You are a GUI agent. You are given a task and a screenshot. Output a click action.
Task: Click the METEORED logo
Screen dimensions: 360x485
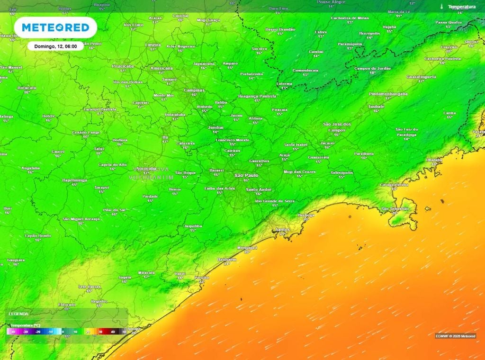55,27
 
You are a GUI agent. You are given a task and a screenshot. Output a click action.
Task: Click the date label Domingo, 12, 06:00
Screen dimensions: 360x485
55,46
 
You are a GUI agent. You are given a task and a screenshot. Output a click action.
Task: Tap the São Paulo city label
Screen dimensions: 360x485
246,175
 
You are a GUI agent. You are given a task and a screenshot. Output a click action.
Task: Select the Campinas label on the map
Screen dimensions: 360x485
194,90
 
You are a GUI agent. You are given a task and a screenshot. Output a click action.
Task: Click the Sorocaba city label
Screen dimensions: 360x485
146,169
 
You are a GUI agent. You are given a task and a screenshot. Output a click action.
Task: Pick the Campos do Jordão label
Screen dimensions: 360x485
373,68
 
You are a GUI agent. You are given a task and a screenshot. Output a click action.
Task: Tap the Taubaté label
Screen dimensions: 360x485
376,107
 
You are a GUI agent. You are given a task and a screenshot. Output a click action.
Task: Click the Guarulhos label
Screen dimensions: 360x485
259,161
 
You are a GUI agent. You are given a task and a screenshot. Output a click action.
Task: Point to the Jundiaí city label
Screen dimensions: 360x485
216,127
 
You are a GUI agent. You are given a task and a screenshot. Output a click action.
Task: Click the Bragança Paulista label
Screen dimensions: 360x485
257,96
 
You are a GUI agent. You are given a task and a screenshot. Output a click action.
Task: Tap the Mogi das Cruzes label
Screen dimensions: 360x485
299,171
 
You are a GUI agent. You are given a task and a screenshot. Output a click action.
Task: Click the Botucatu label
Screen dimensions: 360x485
27,88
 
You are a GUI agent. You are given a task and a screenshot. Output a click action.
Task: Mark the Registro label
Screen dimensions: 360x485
99,301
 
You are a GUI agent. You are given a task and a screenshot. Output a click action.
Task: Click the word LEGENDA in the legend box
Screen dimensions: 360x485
19,314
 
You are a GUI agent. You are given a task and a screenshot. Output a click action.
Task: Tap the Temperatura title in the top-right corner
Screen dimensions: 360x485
462,7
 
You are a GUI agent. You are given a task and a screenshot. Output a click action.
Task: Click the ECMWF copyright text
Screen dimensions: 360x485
455,336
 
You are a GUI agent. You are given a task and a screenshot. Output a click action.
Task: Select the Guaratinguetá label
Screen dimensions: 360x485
421,77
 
